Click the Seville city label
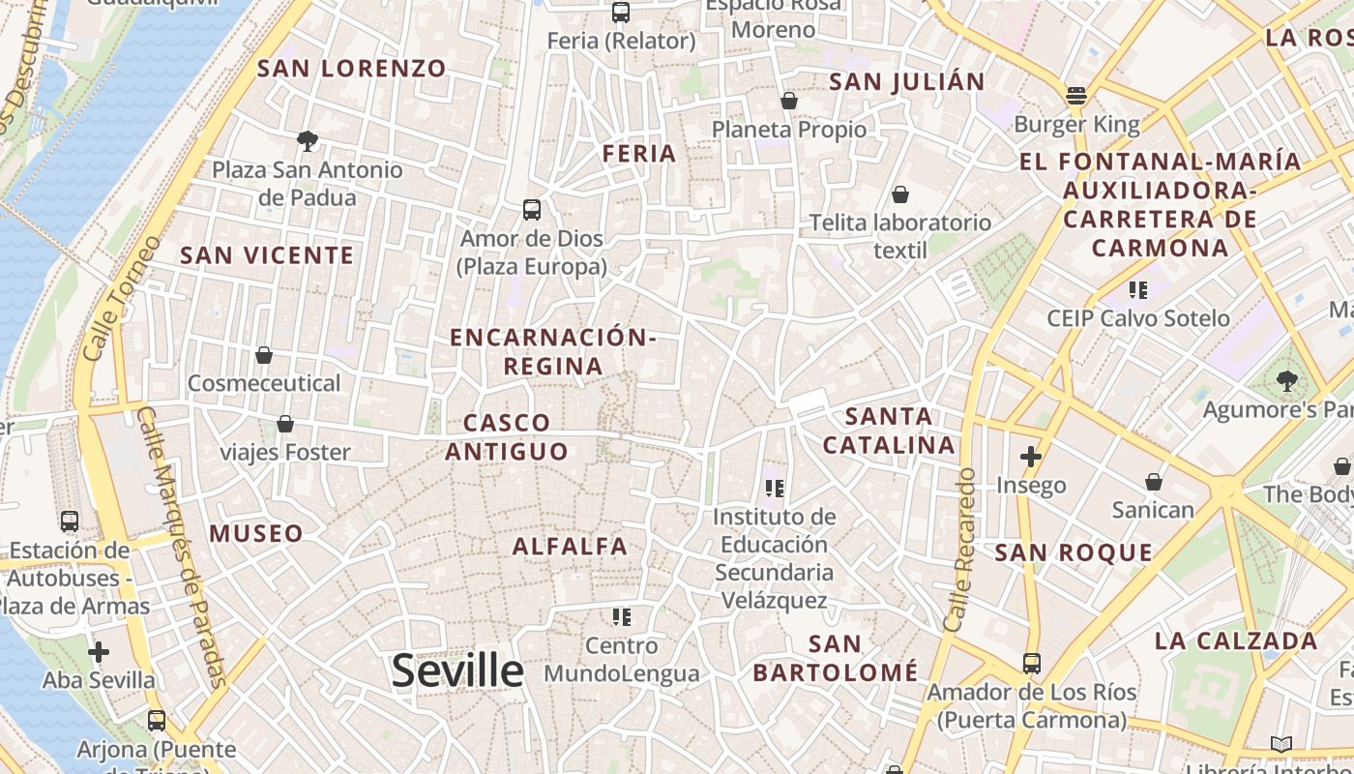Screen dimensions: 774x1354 pos(457,670)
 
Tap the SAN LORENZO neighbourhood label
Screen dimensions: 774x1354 pos(352,69)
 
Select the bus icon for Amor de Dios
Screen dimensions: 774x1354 pos(532,209)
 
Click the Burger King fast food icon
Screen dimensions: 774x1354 pos(1076,96)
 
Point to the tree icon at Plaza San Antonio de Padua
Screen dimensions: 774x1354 pos(308,141)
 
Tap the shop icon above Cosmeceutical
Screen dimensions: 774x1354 pos(264,355)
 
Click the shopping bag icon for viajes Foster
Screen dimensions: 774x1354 pos(285,424)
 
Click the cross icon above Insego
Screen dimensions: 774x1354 pos(1031,457)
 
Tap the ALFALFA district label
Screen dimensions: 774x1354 pos(570,547)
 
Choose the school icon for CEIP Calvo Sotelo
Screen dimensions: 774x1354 pos(1138,289)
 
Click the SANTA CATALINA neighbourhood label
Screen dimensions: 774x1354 pos(889,432)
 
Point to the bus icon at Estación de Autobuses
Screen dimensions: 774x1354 pos(70,521)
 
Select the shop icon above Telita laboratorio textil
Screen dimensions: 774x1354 pos(900,194)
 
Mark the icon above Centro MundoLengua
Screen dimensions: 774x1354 pos(621,616)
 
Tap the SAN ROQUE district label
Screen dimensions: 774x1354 pos(1074,553)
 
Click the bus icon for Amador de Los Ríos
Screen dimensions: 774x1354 pos(1032,664)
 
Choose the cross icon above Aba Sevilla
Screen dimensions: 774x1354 pos(99,651)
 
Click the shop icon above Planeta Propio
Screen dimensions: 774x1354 pos(789,101)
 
